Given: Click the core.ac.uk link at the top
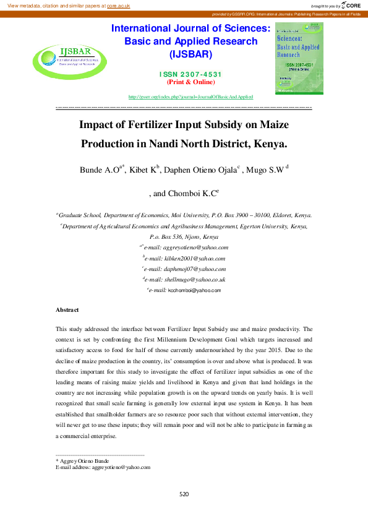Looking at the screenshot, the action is click(119, 5).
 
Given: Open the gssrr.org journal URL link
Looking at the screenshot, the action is click(190, 97).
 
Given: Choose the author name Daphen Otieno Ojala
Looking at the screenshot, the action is click(200, 170).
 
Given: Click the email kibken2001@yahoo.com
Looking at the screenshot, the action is click(186, 258).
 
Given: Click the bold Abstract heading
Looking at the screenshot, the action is click(67, 309).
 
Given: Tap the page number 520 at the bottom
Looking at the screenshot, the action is click(184, 494).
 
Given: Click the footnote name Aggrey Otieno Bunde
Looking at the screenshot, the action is click(84, 461).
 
